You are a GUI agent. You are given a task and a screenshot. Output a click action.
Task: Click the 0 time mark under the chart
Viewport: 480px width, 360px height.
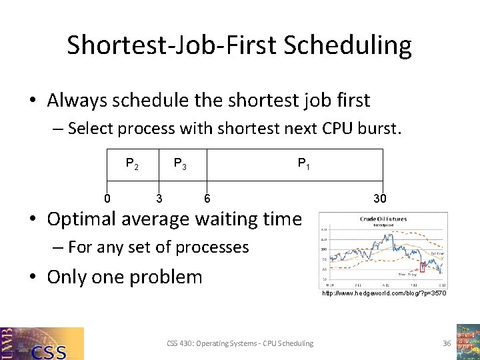pyautogui.click(x=107, y=198)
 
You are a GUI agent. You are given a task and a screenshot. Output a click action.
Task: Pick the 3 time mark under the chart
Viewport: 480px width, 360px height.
pyautogui.click(x=159, y=198)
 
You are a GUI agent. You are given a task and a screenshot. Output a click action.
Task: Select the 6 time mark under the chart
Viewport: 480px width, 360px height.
pyautogui.click(x=207, y=198)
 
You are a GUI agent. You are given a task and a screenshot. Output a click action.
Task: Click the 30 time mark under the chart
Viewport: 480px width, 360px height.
pyautogui.click(x=380, y=198)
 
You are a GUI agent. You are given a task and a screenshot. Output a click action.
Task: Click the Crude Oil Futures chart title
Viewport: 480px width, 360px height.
pyautogui.click(x=383, y=219)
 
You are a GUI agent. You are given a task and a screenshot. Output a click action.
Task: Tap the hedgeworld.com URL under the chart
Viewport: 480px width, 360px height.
pyautogui.click(x=384, y=293)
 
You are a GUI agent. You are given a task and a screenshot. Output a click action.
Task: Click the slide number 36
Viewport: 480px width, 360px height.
pyautogui.click(x=447, y=343)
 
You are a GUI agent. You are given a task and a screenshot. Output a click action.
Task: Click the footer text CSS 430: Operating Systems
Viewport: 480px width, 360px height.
pyautogui.click(x=239, y=343)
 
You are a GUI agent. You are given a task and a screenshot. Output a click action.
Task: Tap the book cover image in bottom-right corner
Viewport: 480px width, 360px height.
pyautogui.click(x=467, y=341)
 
